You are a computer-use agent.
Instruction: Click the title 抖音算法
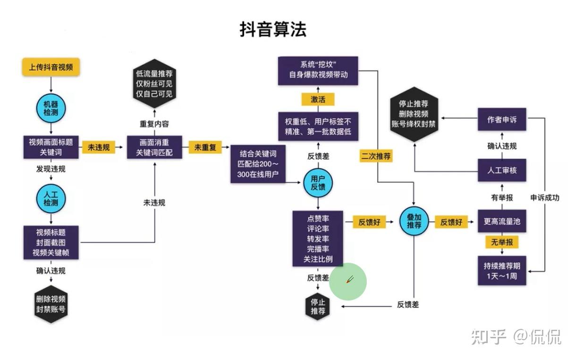pyautogui.click(x=273, y=29)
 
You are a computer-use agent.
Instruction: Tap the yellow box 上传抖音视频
pyautogui.click(x=51, y=67)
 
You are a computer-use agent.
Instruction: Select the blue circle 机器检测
pyautogui.click(x=51, y=109)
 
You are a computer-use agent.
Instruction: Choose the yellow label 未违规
pyautogui.click(x=99, y=148)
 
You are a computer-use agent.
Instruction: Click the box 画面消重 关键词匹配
pyautogui.click(x=154, y=148)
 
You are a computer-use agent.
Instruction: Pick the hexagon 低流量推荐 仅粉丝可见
pyautogui.click(x=154, y=84)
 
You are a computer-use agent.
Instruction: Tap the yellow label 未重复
pyautogui.click(x=205, y=148)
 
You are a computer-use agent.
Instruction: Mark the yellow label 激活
pyautogui.click(x=318, y=99)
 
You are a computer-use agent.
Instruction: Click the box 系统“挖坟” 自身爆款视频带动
pyautogui.click(x=318, y=70)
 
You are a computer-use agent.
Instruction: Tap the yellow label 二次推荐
pyautogui.click(x=376, y=156)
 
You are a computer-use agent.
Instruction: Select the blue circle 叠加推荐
pyautogui.click(x=414, y=221)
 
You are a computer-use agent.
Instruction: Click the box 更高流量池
pyautogui.click(x=501, y=221)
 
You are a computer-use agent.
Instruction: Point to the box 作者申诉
pyautogui.click(x=501, y=120)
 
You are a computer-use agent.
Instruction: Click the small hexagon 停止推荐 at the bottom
pyautogui.click(x=318, y=306)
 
